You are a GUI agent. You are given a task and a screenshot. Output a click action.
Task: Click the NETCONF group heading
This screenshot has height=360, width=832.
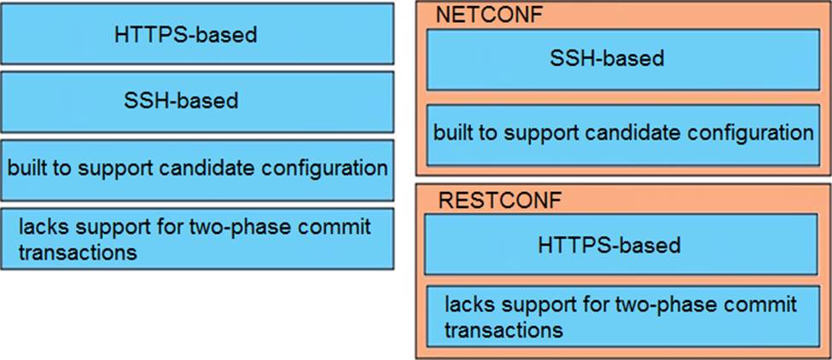pyautogui.click(x=489, y=15)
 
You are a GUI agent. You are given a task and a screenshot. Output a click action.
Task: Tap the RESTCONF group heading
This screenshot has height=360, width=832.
pyautogui.click(x=500, y=200)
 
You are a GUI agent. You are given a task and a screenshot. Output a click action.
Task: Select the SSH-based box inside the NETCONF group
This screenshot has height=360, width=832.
pyautogui.click(x=624, y=60)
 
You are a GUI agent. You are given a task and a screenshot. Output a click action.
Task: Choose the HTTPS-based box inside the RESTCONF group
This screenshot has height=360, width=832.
pyautogui.click(x=621, y=245)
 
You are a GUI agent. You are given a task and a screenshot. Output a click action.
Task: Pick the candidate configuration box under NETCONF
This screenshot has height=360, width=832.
pyautogui.click(x=624, y=135)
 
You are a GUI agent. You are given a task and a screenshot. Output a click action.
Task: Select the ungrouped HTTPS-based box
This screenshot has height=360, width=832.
pyautogui.click(x=197, y=33)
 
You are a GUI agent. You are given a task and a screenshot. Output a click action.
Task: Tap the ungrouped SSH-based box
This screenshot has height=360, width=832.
pyautogui.click(x=197, y=102)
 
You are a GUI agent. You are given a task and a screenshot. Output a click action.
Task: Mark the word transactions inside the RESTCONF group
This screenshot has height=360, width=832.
pyautogui.click(x=503, y=330)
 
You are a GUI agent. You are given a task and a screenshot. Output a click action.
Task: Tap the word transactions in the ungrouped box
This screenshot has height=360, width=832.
pyautogui.click(x=78, y=252)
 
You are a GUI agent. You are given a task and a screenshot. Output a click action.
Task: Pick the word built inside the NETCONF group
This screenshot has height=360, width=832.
pyautogui.click(x=456, y=132)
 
